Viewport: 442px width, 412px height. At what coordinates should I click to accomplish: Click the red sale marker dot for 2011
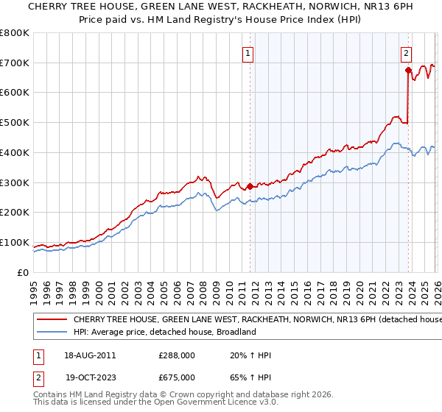(x=250, y=185)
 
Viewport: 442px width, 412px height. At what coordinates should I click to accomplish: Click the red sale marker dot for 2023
(x=408, y=70)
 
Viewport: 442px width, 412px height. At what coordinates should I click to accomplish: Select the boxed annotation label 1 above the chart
(x=248, y=53)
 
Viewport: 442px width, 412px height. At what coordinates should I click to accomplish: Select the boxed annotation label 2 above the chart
(x=406, y=53)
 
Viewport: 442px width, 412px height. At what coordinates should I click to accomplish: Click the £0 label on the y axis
(x=24, y=273)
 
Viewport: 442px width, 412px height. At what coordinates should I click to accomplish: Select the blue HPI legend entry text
(x=164, y=333)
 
